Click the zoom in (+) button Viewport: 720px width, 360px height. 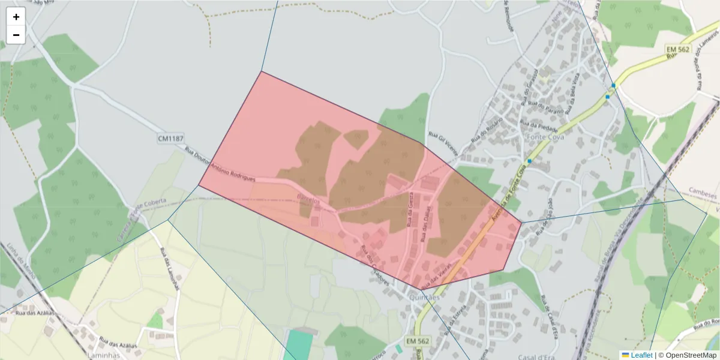pyautogui.click(x=16, y=17)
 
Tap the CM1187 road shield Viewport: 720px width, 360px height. pyautogui.click(x=170, y=139)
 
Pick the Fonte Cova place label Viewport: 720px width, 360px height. pyautogui.click(x=543, y=137)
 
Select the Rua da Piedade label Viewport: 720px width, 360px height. pyautogui.click(x=540, y=127)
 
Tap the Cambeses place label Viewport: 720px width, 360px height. pyautogui.click(x=703, y=196)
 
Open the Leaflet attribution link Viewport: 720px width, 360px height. pyautogui.click(x=637, y=355)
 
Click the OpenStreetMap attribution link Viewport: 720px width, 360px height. pyautogui.click(x=687, y=355)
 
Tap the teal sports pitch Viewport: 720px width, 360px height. pyautogui.click(x=298, y=345)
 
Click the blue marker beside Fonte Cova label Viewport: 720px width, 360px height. pyautogui.click(x=529, y=161)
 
